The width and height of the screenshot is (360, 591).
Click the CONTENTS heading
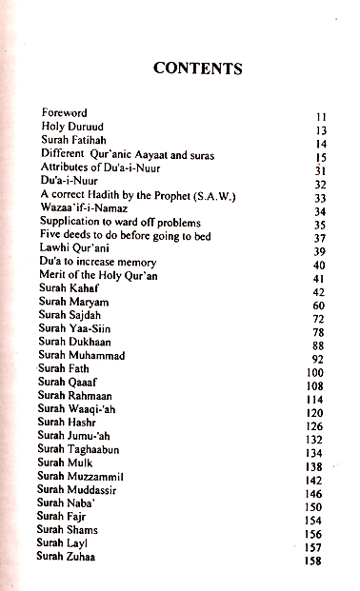pyautogui.click(x=198, y=69)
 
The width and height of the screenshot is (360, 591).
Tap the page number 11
pyautogui.click(x=321, y=117)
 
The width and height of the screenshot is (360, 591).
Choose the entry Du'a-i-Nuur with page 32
pyautogui.click(x=68, y=182)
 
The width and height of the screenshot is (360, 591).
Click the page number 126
pyautogui.click(x=315, y=427)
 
